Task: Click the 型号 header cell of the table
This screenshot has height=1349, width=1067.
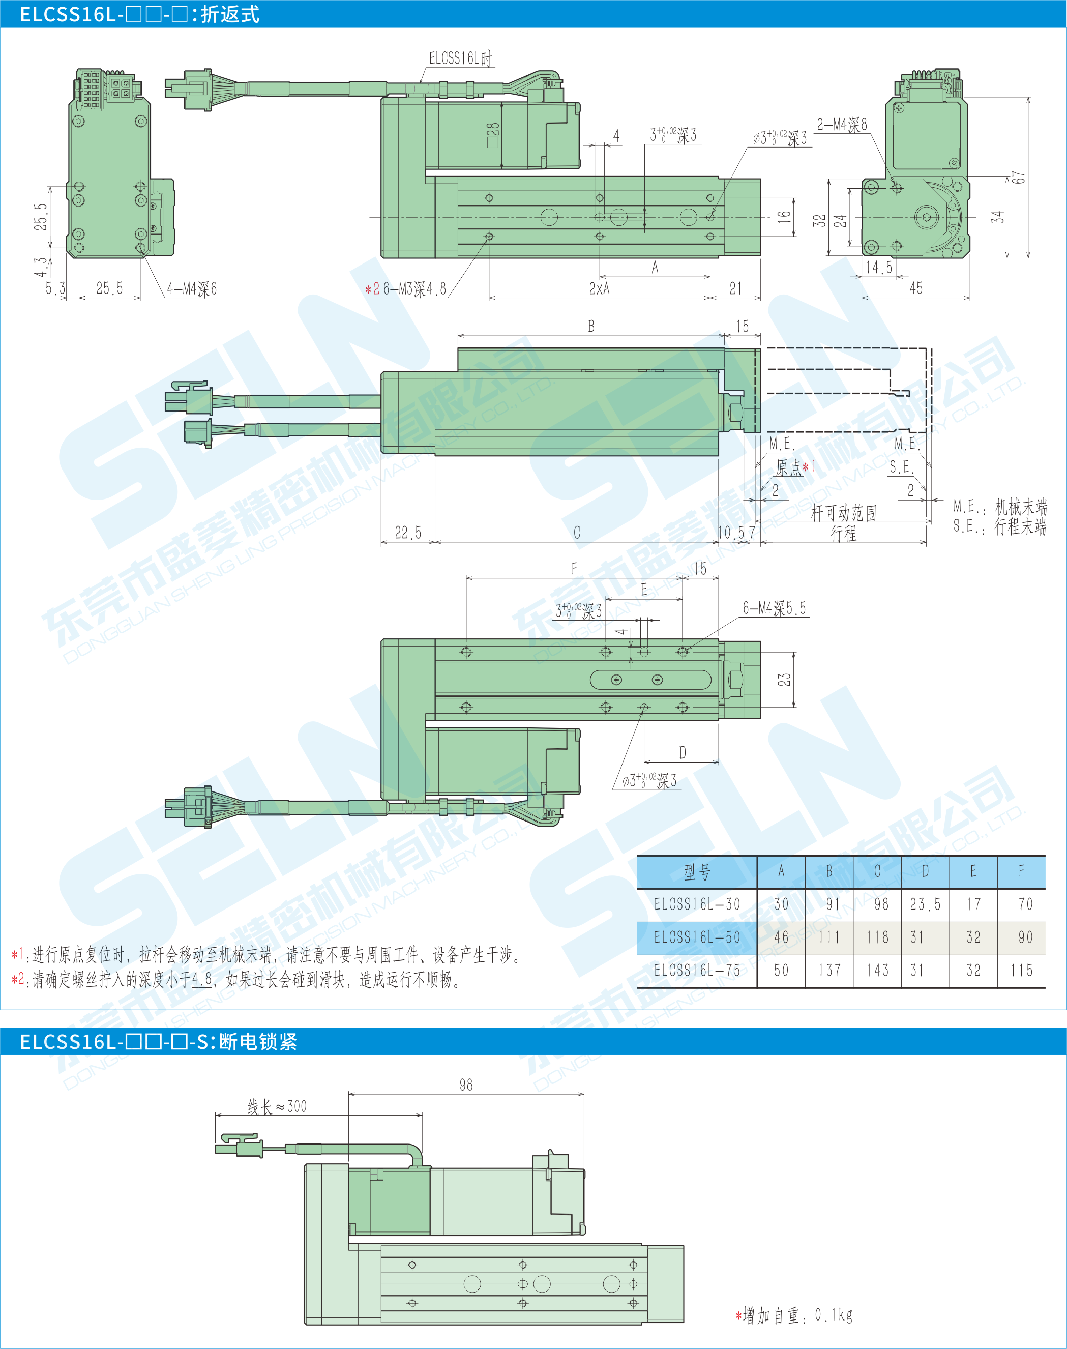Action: pyautogui.click(x=697, y=872)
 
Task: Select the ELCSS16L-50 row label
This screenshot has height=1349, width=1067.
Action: pyautogui.click(x=697, y=938)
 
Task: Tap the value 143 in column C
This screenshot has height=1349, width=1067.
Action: pyautogui.click(x=877, y=971)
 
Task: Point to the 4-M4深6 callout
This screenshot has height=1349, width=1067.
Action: pyautogui.click(x=192, y=288)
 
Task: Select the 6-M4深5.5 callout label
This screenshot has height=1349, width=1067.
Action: pyautogui.click(x=774, y=608)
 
